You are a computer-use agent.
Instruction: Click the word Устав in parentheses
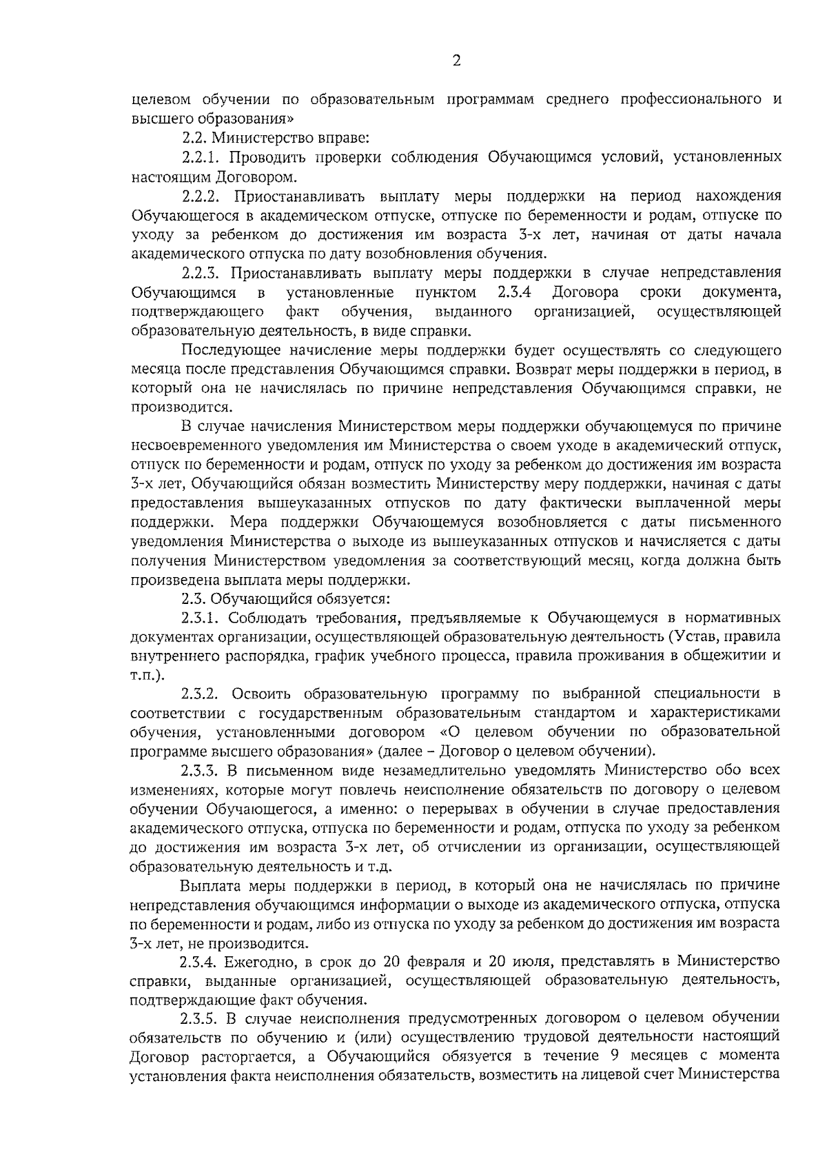click(691, 636)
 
